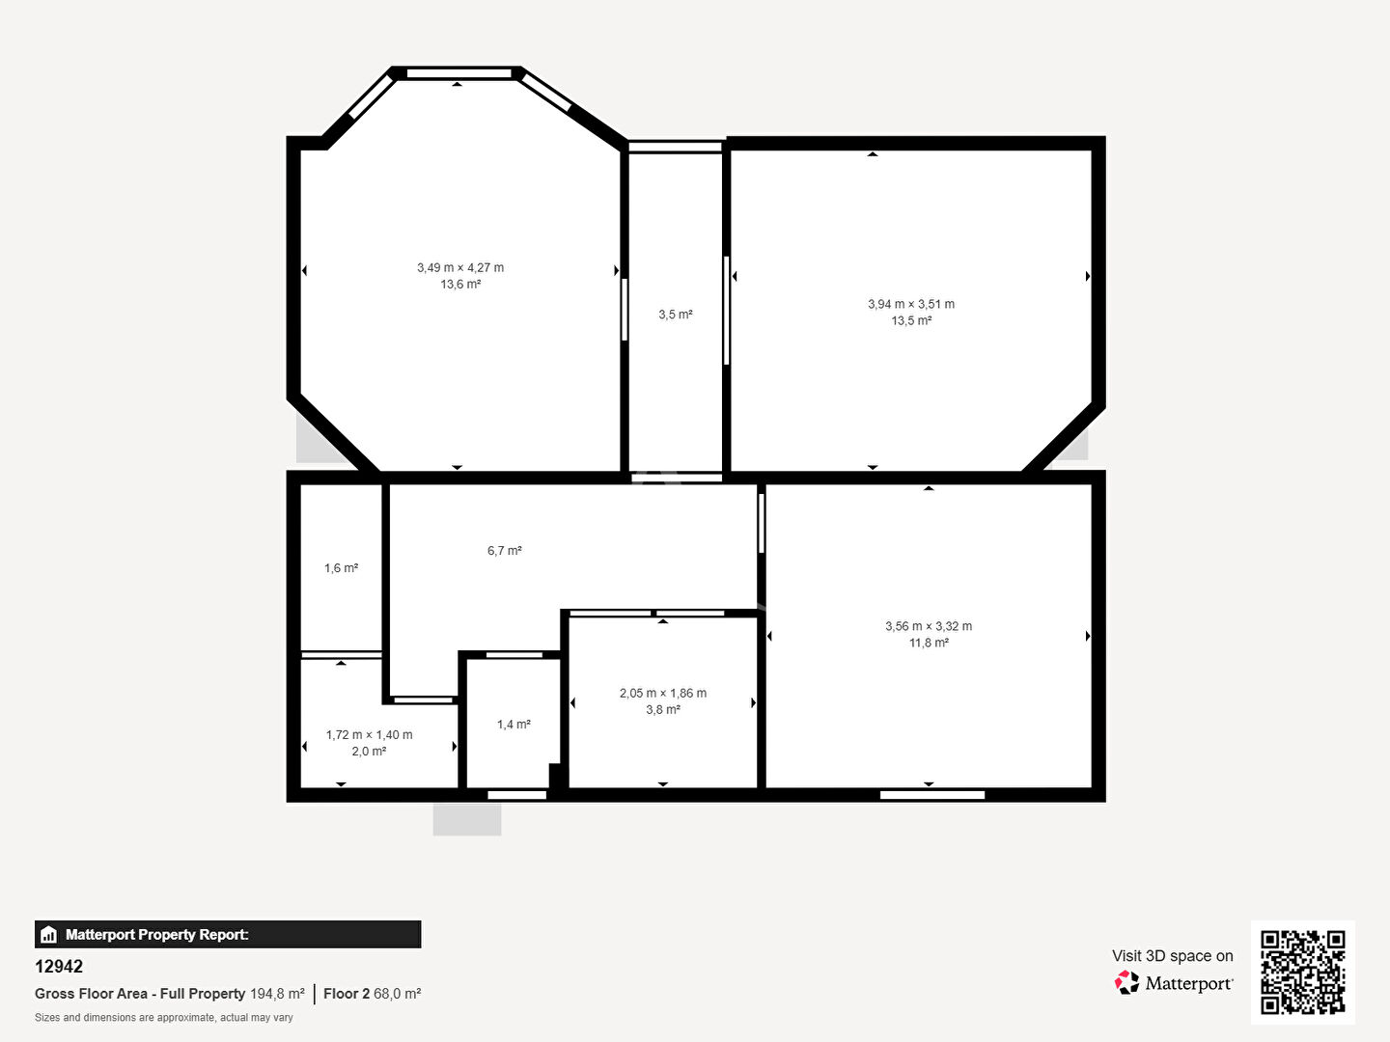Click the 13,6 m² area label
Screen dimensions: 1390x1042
coord(460,285)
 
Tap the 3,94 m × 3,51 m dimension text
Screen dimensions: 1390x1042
coord(910,304)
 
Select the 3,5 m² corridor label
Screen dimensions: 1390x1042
coord(676,315)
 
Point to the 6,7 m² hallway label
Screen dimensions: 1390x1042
coord(505,551)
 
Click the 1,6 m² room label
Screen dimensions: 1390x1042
coord(342,568)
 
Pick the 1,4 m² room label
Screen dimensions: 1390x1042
coord(514,725)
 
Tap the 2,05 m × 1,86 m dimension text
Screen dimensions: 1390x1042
coord(663,694)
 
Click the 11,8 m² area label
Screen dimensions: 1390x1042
coord(929,643)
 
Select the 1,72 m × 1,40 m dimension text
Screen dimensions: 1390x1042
coord(369,735)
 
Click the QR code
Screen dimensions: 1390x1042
coord(1302,972)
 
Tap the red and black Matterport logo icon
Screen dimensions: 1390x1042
coord(1126,982)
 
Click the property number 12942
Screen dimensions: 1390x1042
coord(59,967)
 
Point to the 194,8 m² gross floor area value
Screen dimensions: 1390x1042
coord(277,994)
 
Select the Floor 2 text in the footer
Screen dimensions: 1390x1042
coord(347,994)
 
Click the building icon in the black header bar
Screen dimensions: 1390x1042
coord(49,935)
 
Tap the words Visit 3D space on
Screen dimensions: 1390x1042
coord(1172,956)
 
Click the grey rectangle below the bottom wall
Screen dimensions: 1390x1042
coord(467,819)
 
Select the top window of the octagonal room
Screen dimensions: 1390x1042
coord(459,74)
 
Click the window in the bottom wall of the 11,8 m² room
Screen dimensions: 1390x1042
coord(932,795)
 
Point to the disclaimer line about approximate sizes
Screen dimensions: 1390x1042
coord(164,1017)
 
